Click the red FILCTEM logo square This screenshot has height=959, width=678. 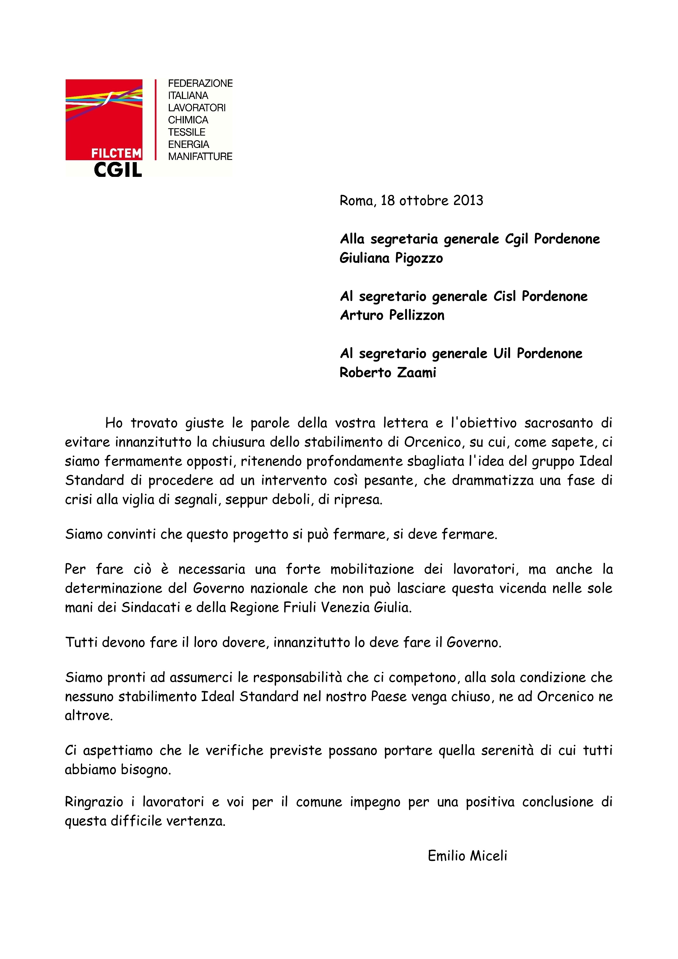click(104, 119)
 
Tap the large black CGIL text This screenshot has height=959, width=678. click(118, 169)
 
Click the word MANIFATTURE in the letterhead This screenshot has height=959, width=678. click(200, 157)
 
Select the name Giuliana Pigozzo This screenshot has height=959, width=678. click(391, 258)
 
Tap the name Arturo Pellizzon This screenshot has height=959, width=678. click(392, 315)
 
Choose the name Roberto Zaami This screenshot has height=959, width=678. click(388, 373)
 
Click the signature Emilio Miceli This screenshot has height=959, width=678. click(467, 856)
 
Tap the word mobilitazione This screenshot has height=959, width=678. click(372, 569)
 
